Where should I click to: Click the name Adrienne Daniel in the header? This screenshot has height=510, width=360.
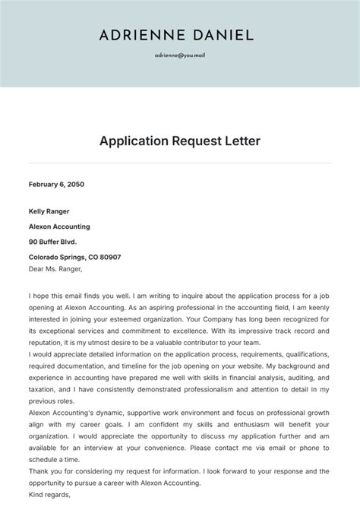pyautogui.click(x=176, y=35)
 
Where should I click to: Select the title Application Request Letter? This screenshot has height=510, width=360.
pyautogui.click(x=179, y=141)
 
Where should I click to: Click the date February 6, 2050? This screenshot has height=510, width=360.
pyautogui.click(x=57, y=184)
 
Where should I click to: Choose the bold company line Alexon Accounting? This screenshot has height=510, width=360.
pyautogui.click(x=59, y=226)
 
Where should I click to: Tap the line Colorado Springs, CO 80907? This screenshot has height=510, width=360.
pyautogui.click(x=74, y=257)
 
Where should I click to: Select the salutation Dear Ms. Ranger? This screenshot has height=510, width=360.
pyautogui.click(x=55, y=268)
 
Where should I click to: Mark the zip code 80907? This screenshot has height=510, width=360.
pyautogui.click(x=109, y=257)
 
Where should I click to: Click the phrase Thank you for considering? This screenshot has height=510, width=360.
pyautogui.click(x=76, y=471)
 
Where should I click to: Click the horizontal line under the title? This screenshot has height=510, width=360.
pyautogui.click(x=179, y=163)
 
